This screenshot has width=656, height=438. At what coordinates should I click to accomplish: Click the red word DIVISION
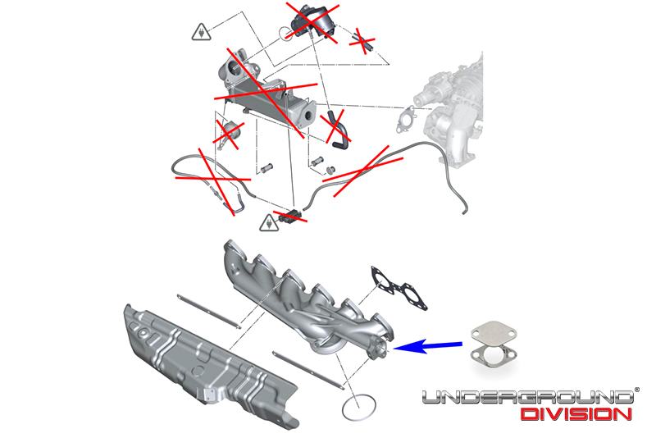(579, 414)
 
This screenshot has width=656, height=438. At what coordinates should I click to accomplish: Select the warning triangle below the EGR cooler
(268, 222)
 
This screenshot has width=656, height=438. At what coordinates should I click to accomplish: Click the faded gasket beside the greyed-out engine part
(406, 120)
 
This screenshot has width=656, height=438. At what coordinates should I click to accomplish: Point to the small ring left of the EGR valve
(285, 33)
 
